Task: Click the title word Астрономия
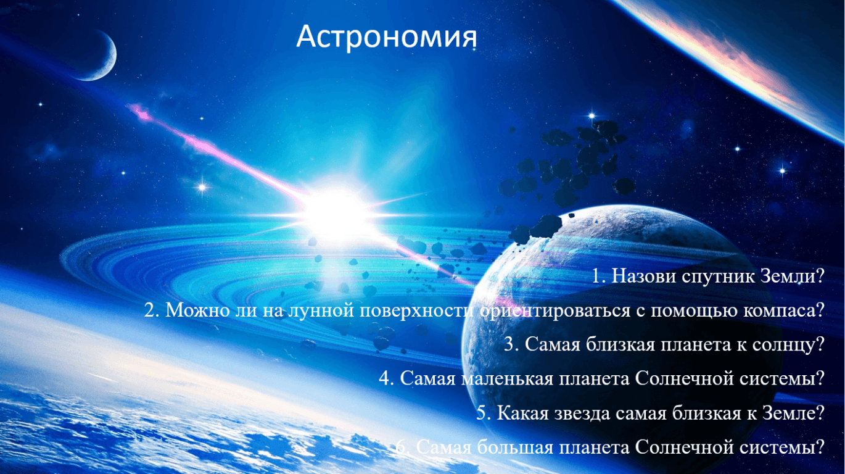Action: point(387,38)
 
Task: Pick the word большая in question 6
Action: point(515,447)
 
